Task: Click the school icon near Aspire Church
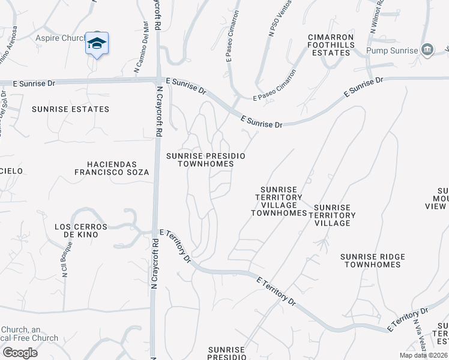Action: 97,44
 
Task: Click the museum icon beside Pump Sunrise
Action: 427,49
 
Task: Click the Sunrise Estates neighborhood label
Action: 71,109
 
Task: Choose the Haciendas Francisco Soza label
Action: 111,168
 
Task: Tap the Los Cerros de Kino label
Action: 80,231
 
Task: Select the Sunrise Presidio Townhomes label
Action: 206,160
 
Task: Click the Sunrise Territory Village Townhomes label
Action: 279,201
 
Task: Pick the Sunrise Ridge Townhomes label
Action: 373,260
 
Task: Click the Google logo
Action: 19,352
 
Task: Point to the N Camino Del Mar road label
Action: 141,47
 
